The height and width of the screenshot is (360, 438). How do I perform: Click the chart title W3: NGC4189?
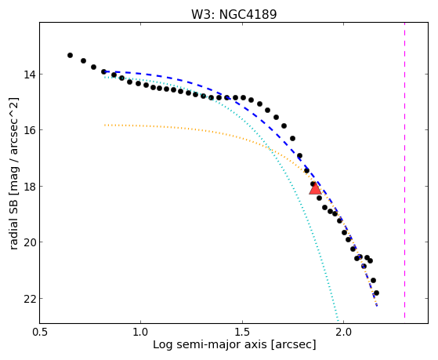click(x=233, y=14)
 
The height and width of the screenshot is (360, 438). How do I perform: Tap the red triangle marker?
click(x=315, y=188)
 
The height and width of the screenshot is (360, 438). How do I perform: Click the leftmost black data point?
click(x=70, y=55)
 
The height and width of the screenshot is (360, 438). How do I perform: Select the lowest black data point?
click(x=376, y=293)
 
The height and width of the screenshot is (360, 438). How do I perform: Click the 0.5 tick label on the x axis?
click(x=40, y=332)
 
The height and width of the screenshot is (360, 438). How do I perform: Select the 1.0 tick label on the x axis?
click(x=140, y=332)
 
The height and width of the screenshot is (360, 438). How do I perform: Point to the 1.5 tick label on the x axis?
click(x=242, y=332)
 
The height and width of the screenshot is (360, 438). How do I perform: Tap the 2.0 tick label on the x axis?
click(x=344, y=332)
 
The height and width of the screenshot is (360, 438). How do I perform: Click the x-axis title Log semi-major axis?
click(x=210, y=344)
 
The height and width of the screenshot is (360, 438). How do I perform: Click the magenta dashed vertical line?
click(x=404, y=171)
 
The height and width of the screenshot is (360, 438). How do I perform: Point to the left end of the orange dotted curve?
click(x=105, y=125)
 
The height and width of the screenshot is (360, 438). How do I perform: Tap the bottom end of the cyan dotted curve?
click(x=338, y=321)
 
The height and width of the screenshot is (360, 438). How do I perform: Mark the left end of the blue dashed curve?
click(x=104, y=71)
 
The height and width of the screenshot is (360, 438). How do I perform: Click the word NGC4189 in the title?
click(x=248, y=14)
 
